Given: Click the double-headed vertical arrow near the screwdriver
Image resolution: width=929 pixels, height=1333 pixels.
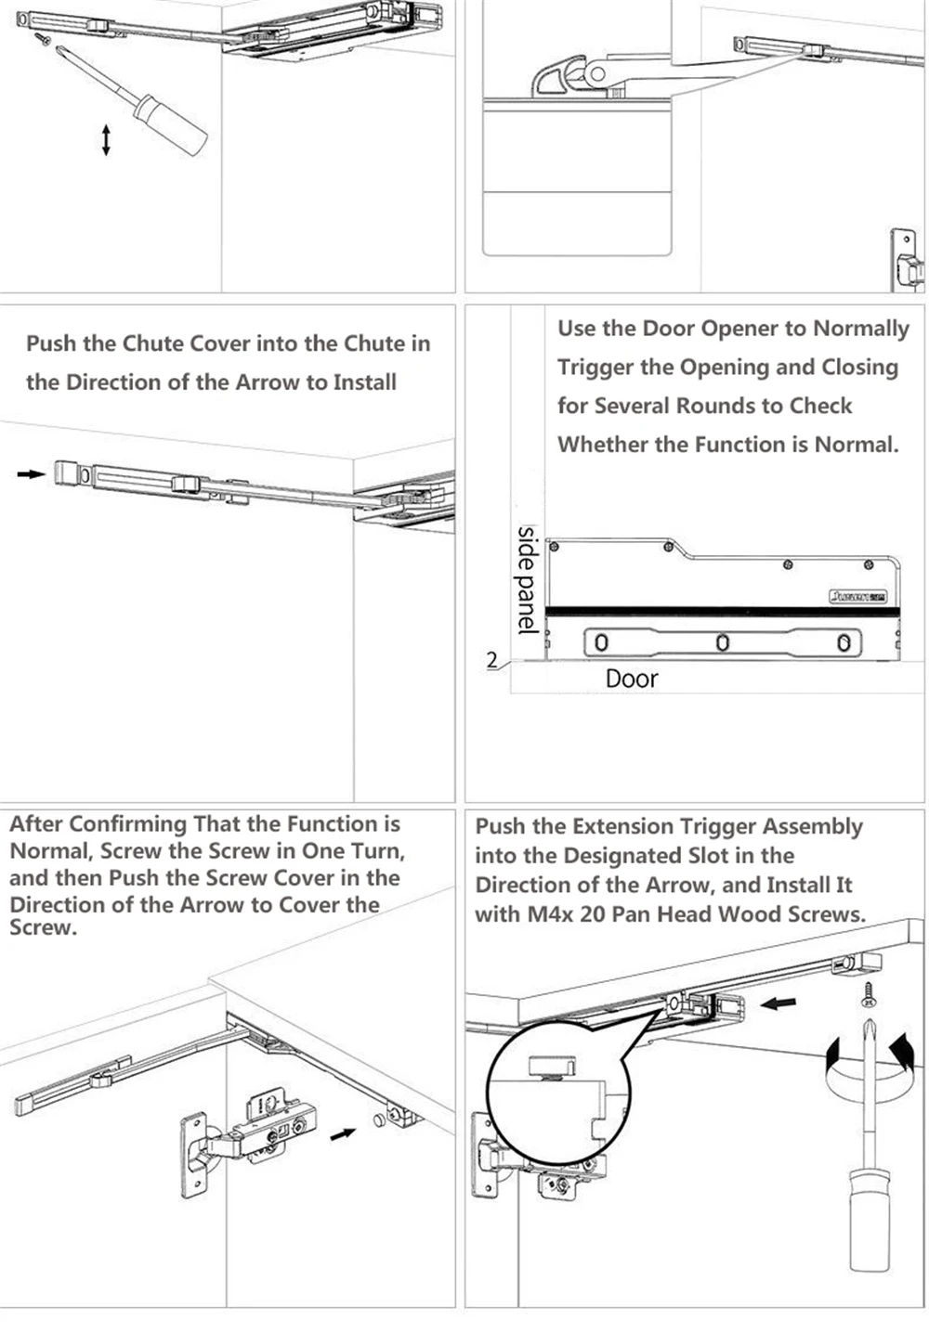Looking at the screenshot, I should (x=106, y=139).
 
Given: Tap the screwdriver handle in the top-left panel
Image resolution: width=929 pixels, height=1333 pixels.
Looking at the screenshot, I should (x=171, y=124).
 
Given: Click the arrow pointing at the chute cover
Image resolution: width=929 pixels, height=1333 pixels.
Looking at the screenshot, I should (x=31, y=474).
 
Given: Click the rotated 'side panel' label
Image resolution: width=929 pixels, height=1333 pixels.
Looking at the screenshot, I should (x=527, y=580).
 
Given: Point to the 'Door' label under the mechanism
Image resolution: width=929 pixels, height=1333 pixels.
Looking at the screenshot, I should (x=631, y=679).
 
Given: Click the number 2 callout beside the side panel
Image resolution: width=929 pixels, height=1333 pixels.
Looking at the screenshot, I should (x=492, y=660).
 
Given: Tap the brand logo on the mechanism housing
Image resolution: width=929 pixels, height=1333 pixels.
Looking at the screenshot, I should (x=857, y=596).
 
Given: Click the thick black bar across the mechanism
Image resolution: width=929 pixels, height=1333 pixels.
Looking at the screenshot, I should (x=722, y=612).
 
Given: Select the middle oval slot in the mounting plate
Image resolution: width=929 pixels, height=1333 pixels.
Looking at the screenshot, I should (x=722, y=642).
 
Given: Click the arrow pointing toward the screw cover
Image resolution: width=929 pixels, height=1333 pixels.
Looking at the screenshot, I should (x=343, y=1133).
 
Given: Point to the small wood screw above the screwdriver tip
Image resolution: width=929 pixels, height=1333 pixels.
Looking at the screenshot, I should (x=870, y=994).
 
